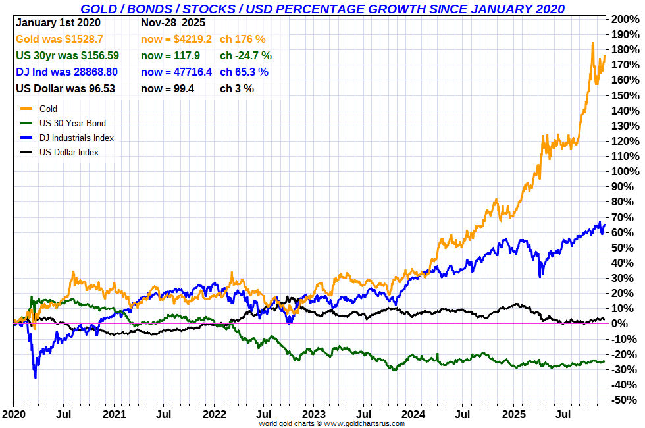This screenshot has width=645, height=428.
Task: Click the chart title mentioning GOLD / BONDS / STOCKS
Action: (x=322, y=9)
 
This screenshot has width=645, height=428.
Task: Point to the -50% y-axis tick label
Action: (x=624, y=400)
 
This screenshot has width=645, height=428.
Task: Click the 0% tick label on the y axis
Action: (x=622, y=324)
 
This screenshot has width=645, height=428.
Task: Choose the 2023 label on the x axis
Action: (x=313, y=414)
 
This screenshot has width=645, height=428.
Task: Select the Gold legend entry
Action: (x=48, y=109)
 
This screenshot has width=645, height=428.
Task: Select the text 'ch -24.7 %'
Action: (x=245, y=55)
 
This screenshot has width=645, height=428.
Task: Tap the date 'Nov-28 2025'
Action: (x=173, y=22)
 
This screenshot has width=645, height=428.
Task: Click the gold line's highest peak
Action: (x=593, y=43)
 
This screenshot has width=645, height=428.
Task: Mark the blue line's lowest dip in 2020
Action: (x=35, y=377)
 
